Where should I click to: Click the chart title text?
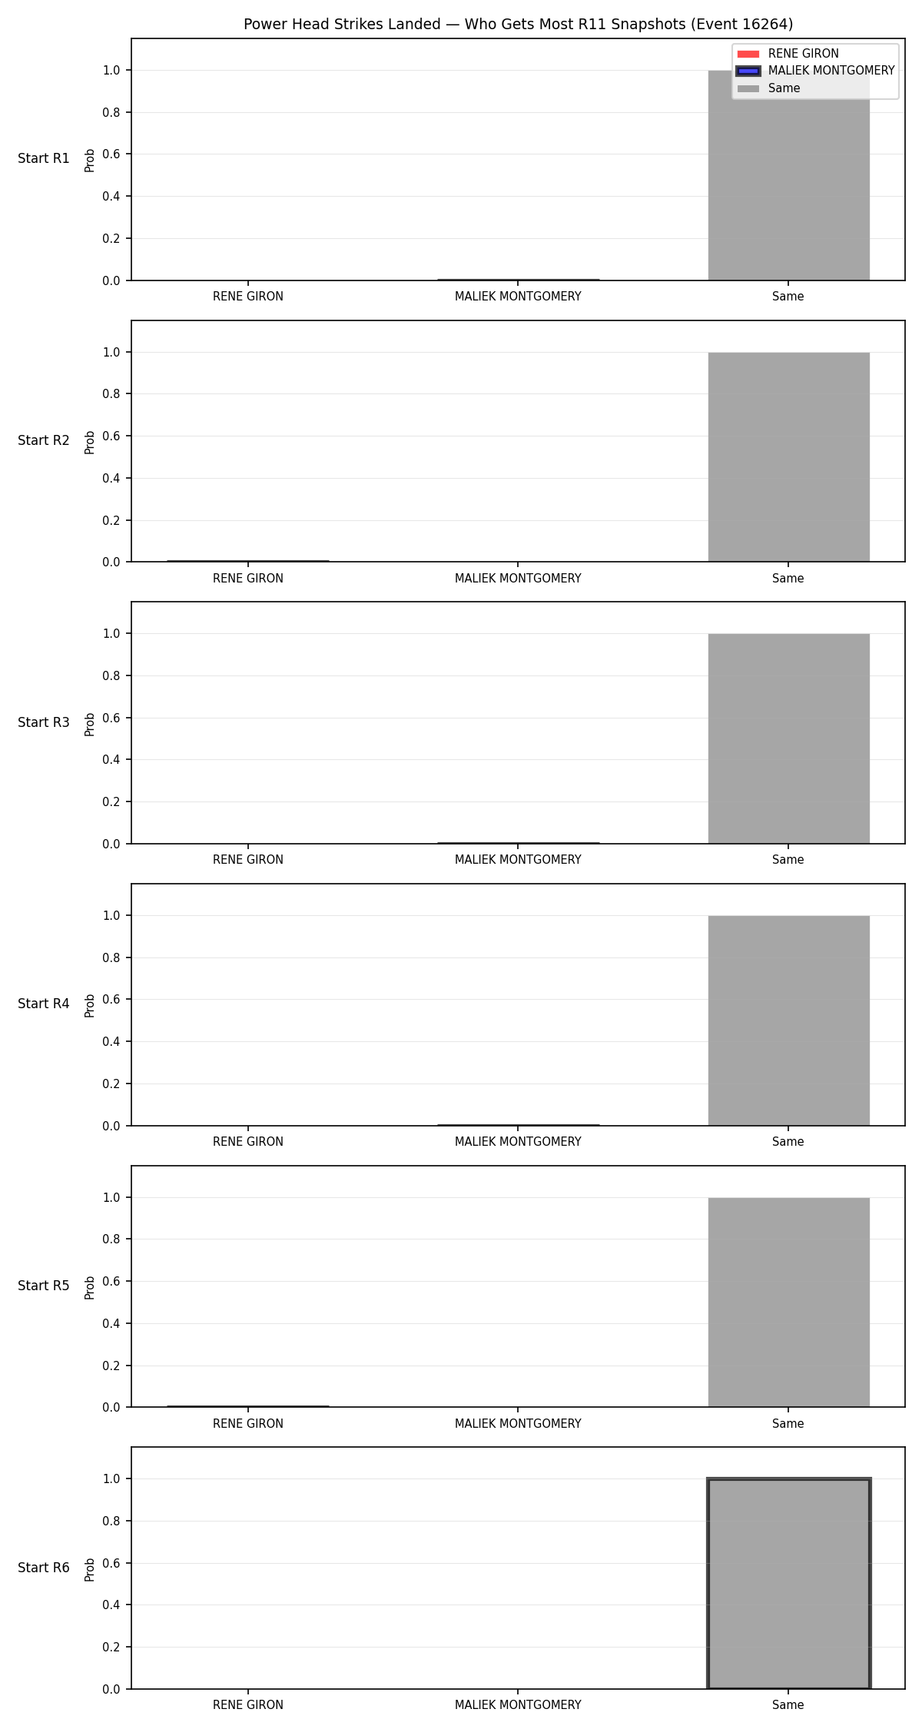[x=518, y=25]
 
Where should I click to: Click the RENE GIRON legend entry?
[x=788, y=54]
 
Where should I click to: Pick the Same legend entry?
[x=768, y=88]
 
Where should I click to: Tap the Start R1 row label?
[x=44, y=159]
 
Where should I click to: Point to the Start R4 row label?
[x=44, y=1004]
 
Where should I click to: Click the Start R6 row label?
[x=44, y=1568]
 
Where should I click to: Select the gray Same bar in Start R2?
[x=788, y=457]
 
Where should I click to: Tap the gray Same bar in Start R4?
[x=788, y=1020]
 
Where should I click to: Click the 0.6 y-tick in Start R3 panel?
[x=112, y=718]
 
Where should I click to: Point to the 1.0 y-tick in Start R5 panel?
[x=112, y=1197]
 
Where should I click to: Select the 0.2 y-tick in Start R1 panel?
[x=112, y=238]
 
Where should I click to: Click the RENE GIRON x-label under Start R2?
[x=248, y=579]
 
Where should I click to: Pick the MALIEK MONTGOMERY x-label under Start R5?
[x=518, y=1424]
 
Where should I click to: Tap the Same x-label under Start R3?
[x=788, y=860]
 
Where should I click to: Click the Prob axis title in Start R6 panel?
[x=90, y=1569]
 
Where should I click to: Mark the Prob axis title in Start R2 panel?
[x=90, y=442]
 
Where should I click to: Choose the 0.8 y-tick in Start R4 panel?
[x=112, y=957]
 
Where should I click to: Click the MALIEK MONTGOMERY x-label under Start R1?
[x=518, y=297]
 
